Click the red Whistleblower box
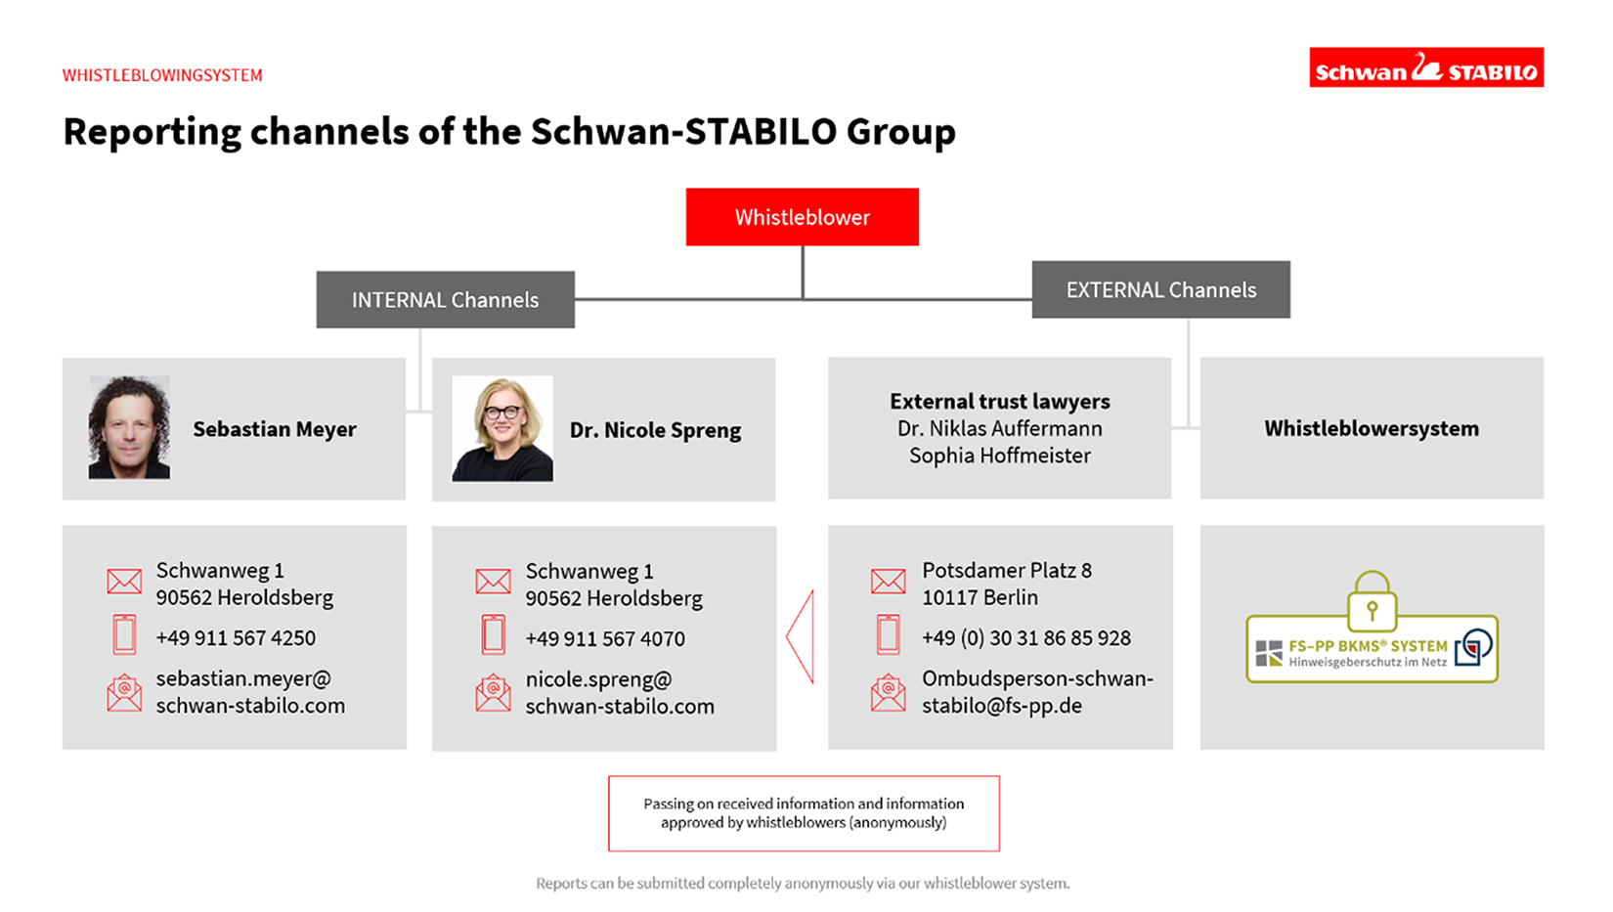coord(803,217)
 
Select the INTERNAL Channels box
coord(445,299)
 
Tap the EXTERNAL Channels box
coord(1160,289)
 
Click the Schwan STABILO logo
coord(1426,67)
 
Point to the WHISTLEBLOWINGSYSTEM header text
coord(162,75)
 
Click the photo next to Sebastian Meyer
coord(130,427)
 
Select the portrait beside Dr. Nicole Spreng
coord(502,428)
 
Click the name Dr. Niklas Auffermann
coord(999,428)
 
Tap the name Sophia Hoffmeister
coord(999,456)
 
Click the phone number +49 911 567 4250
coord(236,637)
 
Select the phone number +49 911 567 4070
coord(605,638)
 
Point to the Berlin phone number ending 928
coord(1026,637)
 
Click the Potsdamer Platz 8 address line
coord(1007,570)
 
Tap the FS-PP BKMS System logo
coord(1372,649)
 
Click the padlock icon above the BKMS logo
coord(1372,600)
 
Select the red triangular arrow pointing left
coord(800,636)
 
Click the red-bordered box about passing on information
coord(804,813)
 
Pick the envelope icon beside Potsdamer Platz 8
coord(888,581)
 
